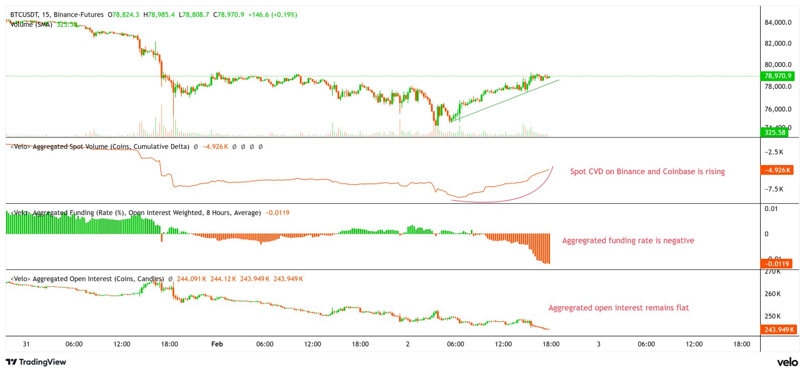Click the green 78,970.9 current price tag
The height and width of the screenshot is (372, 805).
point(778,76)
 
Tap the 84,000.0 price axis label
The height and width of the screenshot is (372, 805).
point(778,22)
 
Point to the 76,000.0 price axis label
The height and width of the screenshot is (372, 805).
point(778,109)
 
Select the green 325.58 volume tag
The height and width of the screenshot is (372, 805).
point(775,132)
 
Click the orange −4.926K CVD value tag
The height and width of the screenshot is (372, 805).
point(777,170)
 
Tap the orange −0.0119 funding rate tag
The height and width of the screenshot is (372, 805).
point(777,264)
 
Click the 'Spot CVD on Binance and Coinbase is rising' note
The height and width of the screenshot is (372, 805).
point(647,172)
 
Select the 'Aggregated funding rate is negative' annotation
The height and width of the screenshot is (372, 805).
point(628,241)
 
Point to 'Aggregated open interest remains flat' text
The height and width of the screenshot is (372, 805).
point(618,308)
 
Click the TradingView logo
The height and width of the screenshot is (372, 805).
point(36,362)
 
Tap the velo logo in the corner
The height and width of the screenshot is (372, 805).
point(787,362)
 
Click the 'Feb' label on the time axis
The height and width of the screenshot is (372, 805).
point(217,344)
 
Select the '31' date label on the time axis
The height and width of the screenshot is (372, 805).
point(26,344)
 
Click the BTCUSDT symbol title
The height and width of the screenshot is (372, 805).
point(26,15)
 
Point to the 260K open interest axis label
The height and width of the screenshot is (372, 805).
point(773,294)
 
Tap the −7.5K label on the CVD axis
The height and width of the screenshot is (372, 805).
point(774,189)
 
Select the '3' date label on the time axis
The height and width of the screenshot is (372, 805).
point(598,344)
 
